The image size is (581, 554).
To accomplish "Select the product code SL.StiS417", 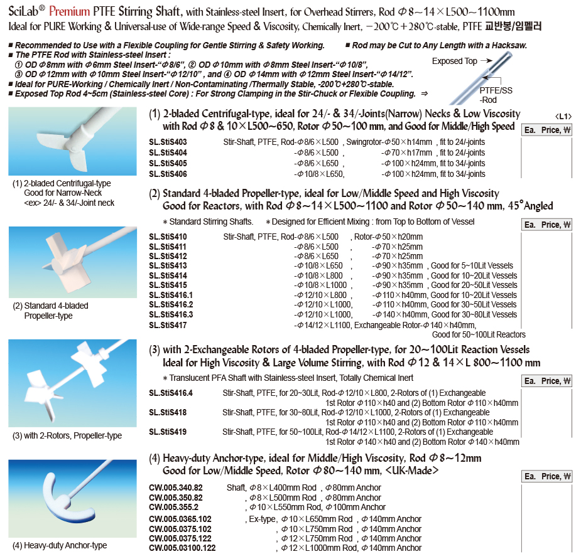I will [x=168, y=325].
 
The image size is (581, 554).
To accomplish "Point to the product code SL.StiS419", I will [x=168, y=432].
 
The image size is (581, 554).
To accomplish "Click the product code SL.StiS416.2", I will [x=171, y=305].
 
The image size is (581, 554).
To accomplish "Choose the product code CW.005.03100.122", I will [x=182, y=548].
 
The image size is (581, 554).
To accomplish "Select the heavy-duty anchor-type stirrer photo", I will [x=72, y=499].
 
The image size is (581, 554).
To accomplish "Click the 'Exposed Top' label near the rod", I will [x=454, y=61].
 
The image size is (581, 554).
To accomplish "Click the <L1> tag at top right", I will [x=563, y=116].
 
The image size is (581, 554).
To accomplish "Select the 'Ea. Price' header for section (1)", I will [x=548, y=130].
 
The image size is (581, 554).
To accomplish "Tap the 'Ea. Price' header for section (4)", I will [x=548, y=477].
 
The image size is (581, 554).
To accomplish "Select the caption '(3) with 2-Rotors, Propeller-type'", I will [x=68, y=435].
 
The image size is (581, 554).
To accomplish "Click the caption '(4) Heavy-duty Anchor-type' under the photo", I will [x=60, y=545].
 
